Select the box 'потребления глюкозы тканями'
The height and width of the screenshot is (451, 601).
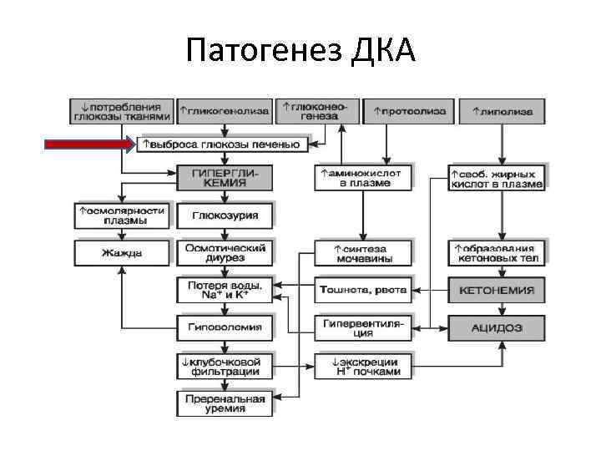(x=122, y=112)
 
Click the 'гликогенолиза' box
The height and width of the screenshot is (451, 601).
(x=224, y=111)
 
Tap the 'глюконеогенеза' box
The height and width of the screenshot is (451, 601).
(x=317, y=111)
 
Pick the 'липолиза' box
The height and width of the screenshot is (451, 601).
(x=502, y=111)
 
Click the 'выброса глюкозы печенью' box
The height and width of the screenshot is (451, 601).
(x=223, y=145)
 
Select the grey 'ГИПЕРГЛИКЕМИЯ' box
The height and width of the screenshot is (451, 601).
(x=225, y=178)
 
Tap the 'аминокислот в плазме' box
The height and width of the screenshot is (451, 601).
(x=363, y=178)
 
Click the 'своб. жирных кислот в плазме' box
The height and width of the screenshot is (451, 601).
(x=497, y=178)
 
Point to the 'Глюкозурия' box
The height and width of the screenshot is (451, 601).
(x=225, y=216)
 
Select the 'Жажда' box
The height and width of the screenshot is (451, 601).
(x=122, y=253)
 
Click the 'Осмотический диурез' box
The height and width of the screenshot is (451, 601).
(x=225, y=253)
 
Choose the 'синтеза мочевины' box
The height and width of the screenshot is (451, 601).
(x=363, y=253)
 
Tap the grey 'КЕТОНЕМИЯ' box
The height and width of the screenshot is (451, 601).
(x=497, y=291)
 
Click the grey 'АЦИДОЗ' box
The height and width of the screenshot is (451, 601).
(x=497, y=327)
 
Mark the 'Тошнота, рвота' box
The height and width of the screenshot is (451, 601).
(x=363, y=291)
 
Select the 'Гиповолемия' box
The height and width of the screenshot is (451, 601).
(x=225, y=327)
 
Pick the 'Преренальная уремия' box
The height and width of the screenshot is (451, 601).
(x=225, y=403)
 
